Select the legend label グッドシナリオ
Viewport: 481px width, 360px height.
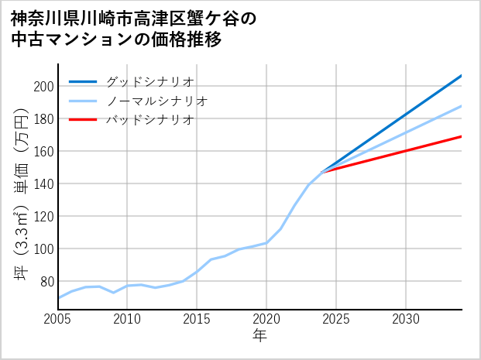pos(149,81)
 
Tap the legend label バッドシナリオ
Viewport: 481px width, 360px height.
pos(149,119)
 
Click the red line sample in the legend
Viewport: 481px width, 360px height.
pos(84,119)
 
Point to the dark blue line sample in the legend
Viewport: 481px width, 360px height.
pos(84,81)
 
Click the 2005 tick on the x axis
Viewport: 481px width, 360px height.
pos(58,319)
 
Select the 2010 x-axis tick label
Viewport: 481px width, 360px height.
pos(128,319)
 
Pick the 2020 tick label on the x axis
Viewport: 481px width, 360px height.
pos(266,319)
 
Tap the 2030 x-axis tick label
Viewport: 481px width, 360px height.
pos(406,319)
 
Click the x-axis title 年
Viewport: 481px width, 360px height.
pos(259,336)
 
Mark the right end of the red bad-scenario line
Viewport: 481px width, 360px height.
pos(462,136)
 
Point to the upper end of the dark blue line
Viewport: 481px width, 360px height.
pos(462,75)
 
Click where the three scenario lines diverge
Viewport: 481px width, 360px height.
pos(322,171)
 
